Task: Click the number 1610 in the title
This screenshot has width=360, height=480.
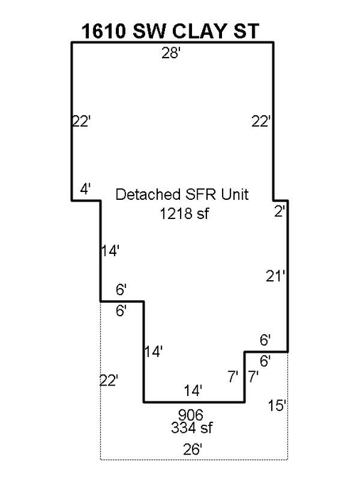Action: pyautogui.click(x=104, y=31)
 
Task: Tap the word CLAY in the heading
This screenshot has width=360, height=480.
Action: pyautogui.click(x=199, y=31)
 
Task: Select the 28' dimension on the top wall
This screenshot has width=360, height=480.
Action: pyautogui.click(x=171, y=53)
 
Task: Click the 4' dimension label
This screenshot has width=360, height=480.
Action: pyautogui.click(x=86, y=189)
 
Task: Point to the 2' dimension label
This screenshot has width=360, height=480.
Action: pyautogui.click(x=280, y=211)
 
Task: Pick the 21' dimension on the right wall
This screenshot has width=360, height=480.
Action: pyautogui.click(x=275, y=277)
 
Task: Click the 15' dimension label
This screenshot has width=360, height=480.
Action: pyautogui.click(x=277, y=405)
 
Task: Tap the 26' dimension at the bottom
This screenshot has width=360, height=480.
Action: pyautogui.click(x=193, y=449)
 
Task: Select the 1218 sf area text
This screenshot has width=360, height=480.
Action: pyautogui.click(x=184, y=213)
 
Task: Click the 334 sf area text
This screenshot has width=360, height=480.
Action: pyautogui.click(x=192, y=427)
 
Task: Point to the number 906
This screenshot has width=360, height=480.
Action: pyautogui.click(x=191, y=415)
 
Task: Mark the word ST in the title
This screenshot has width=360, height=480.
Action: pyautogui.click(x=246, y=31)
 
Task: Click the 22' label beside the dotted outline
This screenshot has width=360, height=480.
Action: pyautogui.click(x=109, y=381)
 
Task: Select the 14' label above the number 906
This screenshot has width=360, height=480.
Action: pyautogui.click(x=193, y=391)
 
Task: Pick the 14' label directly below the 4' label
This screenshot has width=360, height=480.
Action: pyautogui.click(x=110, y=251)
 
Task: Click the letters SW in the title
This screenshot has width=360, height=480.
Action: pyautogui.click(x=149, y=31)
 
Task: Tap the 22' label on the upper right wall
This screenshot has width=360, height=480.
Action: pyautogui.click(x=261, y=122)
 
